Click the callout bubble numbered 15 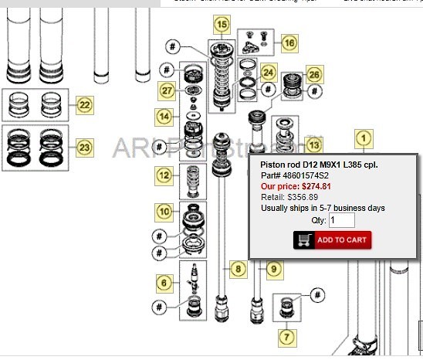(x=222, y=25)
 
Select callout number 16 (x=288, y=43)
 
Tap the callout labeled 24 (x=268, y=73)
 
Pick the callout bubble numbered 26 (x=313, y=75)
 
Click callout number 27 (x=168, y=90)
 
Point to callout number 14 (x=164, y=116)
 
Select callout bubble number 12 (x=164, y=175)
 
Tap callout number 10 (x=164, y=211)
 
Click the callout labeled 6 (x=164, y=282)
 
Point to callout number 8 (x=238, y=269)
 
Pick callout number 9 (x=272, y=269)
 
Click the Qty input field (x=341, y=220)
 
